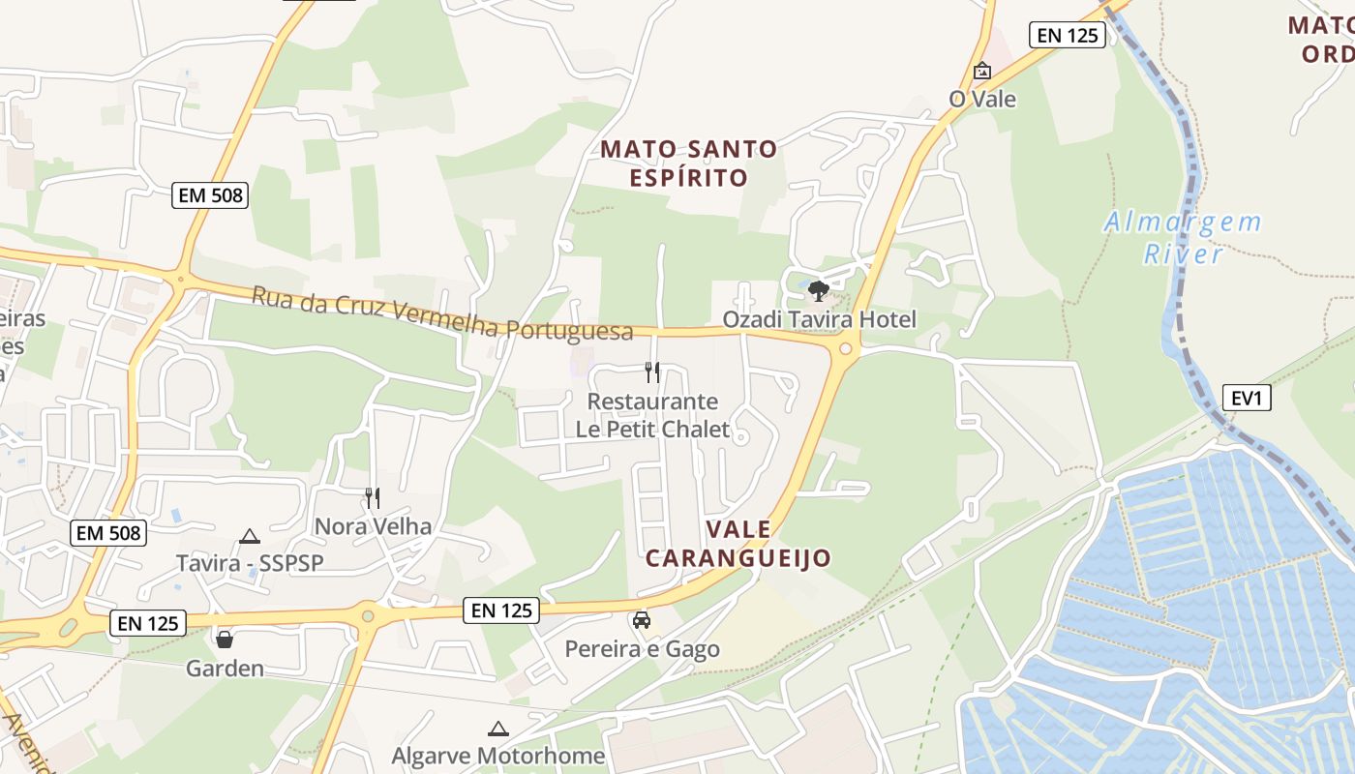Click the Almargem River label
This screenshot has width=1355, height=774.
pos(1183,238)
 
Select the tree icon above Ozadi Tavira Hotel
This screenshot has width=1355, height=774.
pos(818,290)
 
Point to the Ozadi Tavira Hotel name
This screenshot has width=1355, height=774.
pos(819,319)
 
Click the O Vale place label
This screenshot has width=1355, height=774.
pos(982,99)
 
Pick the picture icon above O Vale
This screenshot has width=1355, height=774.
pos(982,71)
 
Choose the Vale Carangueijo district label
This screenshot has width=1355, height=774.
pos(738,544)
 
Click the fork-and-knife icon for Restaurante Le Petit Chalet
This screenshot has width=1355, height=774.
pos(652,372)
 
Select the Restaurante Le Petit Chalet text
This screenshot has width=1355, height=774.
pos(652,415)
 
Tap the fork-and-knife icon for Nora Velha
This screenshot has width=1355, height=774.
pos(372,498)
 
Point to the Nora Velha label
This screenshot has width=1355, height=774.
pos(373,526)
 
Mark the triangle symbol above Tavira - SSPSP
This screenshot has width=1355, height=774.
pos(250,536)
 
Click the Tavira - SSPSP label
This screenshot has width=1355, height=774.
pos(250,563)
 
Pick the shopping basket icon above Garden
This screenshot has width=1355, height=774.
pos(225,640)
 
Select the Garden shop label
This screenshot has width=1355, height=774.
pos(225,669)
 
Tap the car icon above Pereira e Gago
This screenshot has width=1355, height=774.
pos(641,620)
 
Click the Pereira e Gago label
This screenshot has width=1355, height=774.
pos(643,648)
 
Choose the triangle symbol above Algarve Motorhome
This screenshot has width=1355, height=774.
pos(498,729)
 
